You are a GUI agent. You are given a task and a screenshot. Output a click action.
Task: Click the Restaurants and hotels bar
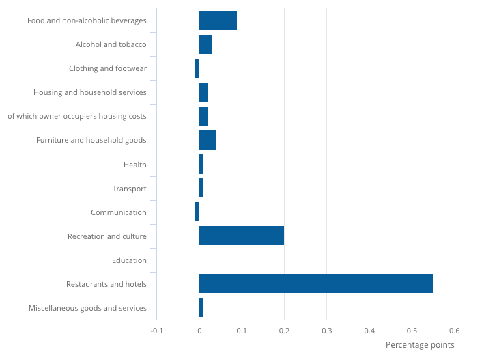[x=315, y=283]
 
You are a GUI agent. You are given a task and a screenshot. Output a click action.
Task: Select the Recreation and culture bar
[x=241, y=236]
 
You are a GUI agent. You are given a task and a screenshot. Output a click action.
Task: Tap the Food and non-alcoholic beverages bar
[x=218, y=20]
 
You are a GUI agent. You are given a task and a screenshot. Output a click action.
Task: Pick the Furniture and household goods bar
[x=207, y=140]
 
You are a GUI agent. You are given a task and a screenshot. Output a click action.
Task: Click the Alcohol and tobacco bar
[x=205, y=44]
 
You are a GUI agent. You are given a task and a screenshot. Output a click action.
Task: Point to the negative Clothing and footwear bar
[x=197, y=68]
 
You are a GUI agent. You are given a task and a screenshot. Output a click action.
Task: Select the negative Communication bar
[x=197, y=212]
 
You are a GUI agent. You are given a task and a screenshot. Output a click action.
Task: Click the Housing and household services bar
[x=203, y=92]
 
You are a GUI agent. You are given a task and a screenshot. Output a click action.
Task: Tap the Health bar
[x=201, y=164]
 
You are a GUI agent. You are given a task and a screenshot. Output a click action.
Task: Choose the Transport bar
[x=201, y=188]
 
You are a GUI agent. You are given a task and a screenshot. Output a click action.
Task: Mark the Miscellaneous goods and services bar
[x=201, y=307]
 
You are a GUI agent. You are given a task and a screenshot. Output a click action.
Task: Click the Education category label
[x=129, y=260]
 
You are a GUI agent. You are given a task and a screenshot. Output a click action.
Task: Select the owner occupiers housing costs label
[x=77, y=116]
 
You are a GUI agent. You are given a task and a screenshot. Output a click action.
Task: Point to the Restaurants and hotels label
[x=106, y=284]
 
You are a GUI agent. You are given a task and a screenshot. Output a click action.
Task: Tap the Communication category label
[x=119, y=212]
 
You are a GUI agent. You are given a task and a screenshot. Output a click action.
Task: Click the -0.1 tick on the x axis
[x=156, y=331]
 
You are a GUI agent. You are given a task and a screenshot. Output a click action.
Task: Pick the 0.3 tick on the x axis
[x=326, y=331]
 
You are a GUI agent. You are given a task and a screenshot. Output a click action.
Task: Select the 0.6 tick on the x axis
[x=454, y=331]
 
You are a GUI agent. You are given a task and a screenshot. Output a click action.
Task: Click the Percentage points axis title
[x=420, y=345]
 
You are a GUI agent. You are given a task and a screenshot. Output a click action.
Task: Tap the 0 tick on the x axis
[x=199, y=331]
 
